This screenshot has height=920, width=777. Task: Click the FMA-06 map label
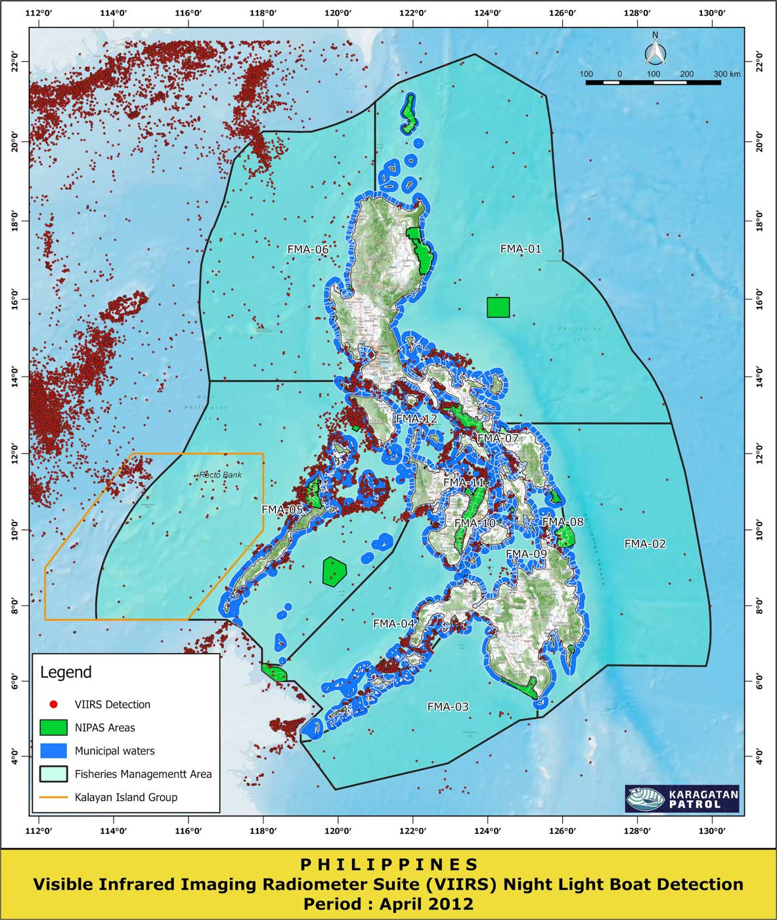307,250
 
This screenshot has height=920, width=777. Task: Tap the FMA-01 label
521,249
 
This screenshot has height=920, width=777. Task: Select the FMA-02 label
645,544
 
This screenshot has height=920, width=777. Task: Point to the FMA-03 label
448,707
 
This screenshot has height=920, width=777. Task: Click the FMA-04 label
394,624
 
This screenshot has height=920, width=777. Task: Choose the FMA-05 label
282,509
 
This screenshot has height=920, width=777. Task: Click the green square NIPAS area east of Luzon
498,307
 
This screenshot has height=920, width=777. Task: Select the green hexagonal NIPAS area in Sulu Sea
334,571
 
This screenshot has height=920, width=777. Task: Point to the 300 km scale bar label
726,74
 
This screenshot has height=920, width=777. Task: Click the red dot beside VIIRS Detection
54,704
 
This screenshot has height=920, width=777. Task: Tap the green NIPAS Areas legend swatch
53,727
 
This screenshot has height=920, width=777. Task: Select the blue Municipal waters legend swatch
53,750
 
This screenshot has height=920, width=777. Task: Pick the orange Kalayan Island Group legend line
53,797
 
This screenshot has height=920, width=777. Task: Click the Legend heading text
66,672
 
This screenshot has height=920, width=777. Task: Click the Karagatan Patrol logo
682,799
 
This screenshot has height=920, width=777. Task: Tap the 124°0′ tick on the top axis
487,12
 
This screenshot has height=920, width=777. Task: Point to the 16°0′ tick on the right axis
760,300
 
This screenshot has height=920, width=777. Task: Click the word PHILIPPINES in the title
389,865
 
